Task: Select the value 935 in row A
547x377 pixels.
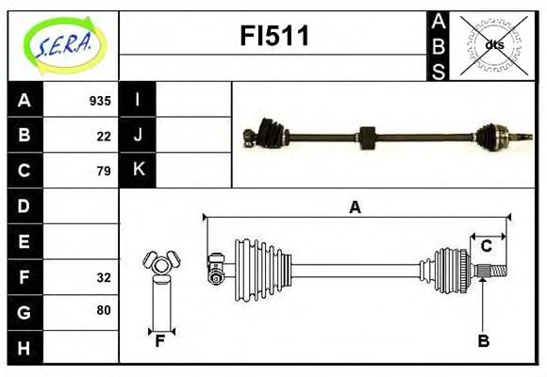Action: click(x=100, y=101)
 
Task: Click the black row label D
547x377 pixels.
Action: click(x=25, y=205)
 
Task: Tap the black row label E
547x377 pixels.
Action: click(x=25, y=241)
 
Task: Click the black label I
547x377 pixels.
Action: click(x=138, y=100)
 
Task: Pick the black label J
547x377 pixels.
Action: click(x=138, y=135)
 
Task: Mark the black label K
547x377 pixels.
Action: click(x=138, y=170)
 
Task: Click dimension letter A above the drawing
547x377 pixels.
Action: click(x=355, y=207)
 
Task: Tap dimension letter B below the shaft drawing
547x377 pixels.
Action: click(x=483, y=341)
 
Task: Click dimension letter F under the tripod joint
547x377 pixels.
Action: click(x=160, y=341)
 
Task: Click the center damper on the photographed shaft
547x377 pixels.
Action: click(x=368, y=136)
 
